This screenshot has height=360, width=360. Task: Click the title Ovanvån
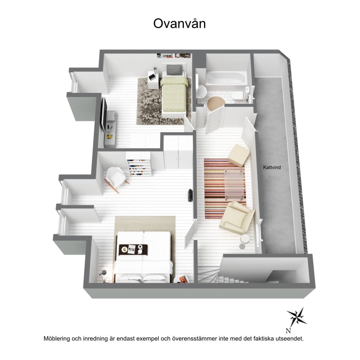coord(179,23)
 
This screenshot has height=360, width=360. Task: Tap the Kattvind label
coord(272,167)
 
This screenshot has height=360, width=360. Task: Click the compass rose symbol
coord(297,317)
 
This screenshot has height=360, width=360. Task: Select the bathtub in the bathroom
coord(226,78)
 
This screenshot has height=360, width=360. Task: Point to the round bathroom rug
coord(216,103)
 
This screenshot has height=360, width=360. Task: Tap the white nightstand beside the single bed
coord(153,79)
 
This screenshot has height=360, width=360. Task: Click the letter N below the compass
coord(288,331)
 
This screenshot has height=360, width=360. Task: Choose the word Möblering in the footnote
coord(57,338)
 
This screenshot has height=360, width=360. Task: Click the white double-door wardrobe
coord(178,153)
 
